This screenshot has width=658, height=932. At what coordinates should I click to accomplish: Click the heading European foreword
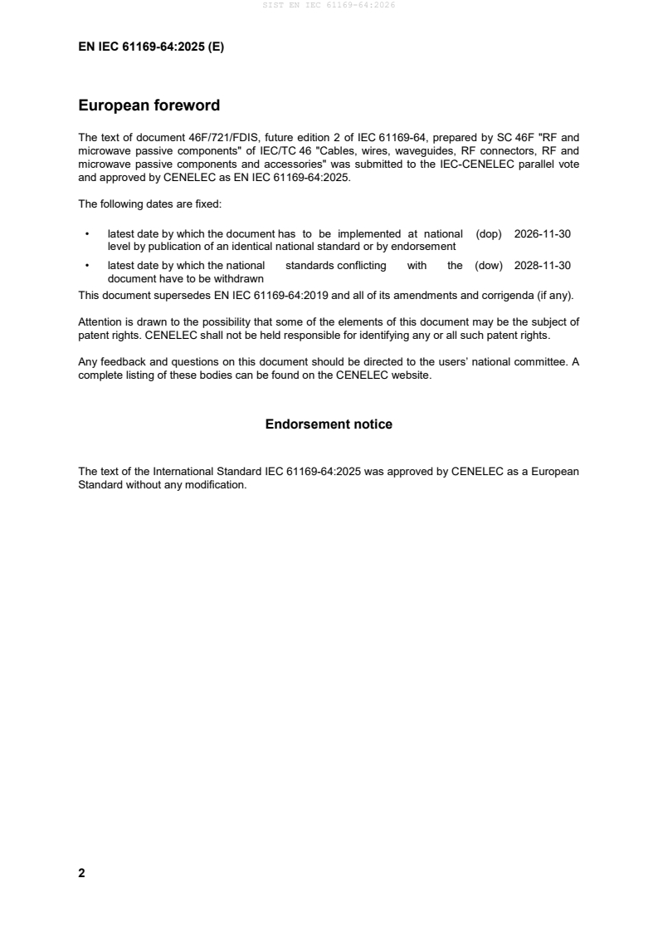point(149,105)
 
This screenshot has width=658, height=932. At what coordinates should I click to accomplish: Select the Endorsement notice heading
point(329,424)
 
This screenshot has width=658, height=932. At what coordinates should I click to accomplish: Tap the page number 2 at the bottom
point(81,873)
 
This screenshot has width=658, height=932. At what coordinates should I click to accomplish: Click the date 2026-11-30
point(543,234)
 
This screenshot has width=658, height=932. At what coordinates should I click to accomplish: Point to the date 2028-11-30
point(543,266)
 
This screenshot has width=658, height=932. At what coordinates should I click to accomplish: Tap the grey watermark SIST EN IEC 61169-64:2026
point(329,5)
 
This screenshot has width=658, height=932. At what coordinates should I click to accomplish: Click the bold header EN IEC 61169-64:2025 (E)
point(151,47)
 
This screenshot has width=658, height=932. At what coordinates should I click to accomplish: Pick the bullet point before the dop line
point(86,234)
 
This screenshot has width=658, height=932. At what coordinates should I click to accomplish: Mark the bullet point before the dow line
point(86,266)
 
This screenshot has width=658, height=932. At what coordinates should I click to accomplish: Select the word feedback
point(119,363)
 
